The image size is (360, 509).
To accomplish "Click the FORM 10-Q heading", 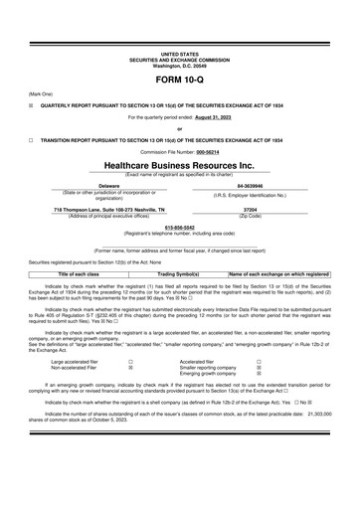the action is [180, 79].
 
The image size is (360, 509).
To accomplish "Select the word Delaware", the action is [109, 185].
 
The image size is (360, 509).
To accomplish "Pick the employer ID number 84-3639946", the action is [251, 185].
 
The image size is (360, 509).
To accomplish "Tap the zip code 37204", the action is [251, 212].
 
